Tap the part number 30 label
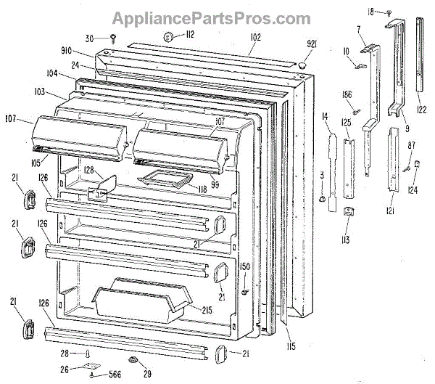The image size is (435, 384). tap(89, 38)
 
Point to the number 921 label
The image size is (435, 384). tap(311, 45)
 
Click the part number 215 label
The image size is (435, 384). tap(207, 310)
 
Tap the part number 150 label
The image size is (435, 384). tap(245, 267)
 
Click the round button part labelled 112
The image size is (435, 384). tap(167, 36)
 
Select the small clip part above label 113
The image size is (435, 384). tap(347, 211)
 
